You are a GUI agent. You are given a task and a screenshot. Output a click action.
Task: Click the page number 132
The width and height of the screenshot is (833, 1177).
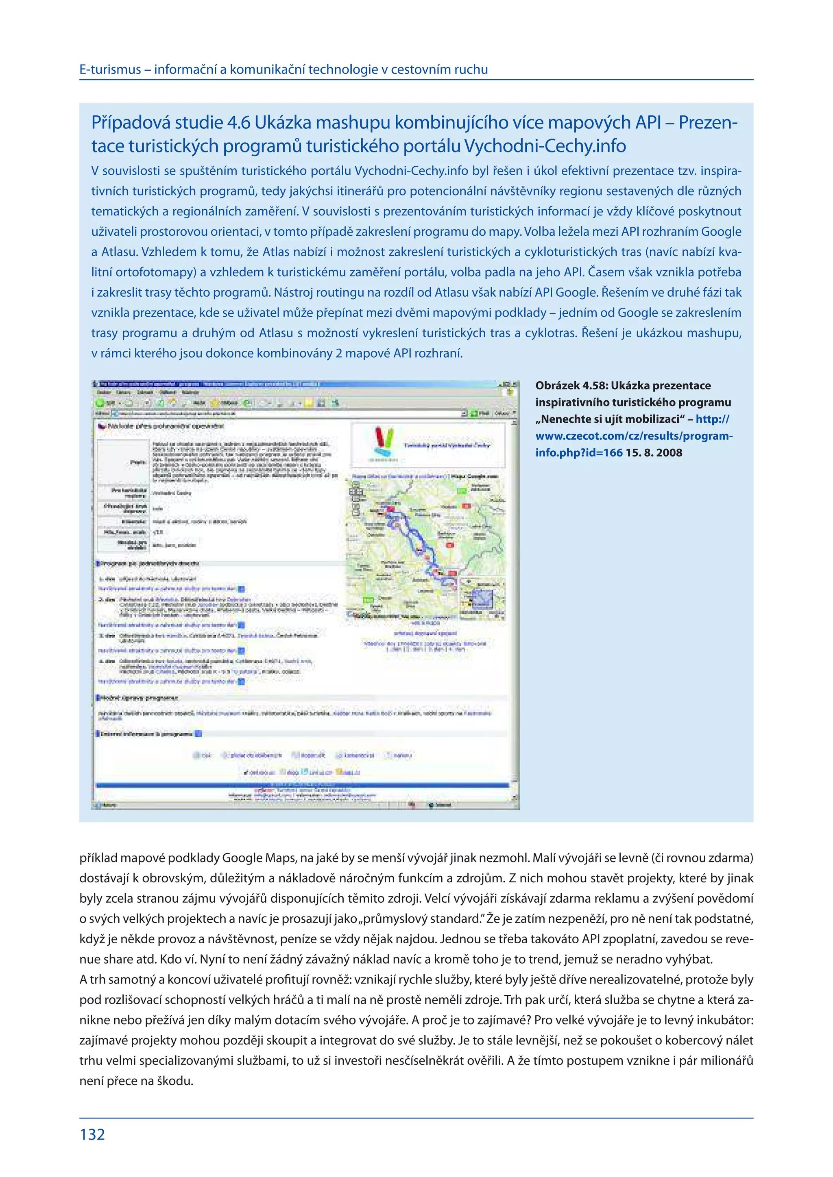92,1134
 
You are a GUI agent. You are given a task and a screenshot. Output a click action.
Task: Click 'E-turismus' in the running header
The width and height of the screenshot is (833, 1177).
110,70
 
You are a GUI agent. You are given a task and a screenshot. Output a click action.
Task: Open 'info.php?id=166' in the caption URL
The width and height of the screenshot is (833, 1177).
579,453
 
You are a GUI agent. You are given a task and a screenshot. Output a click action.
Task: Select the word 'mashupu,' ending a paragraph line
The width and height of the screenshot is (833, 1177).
714,333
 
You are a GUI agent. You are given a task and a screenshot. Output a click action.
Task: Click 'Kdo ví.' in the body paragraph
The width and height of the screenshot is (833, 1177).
178,959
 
